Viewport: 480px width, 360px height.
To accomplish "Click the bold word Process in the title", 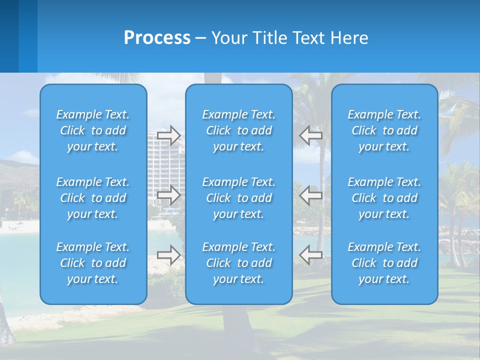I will point(157,38).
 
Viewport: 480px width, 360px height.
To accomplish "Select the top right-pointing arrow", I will point(168,135).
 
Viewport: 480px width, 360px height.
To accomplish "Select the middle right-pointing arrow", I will point(168,195).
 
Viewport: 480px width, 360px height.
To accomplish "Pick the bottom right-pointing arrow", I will point(168,255).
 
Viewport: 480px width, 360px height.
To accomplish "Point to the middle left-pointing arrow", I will point(310,195).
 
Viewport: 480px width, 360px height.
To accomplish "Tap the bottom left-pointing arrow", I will point(310,255).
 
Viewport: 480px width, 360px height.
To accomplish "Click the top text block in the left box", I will point(93,130).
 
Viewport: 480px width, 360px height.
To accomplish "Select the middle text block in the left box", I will point(93,198).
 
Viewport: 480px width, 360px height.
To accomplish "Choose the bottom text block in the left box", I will point(93,263).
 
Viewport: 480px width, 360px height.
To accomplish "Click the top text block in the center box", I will point(238,130).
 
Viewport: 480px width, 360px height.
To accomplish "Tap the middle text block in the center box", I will point(238,198).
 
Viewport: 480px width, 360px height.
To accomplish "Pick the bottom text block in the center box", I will point(238,263).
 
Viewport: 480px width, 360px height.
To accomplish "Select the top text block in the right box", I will point(384,130).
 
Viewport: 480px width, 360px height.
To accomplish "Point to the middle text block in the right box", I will point(384,198).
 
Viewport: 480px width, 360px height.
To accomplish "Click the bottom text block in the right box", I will point(384,263).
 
